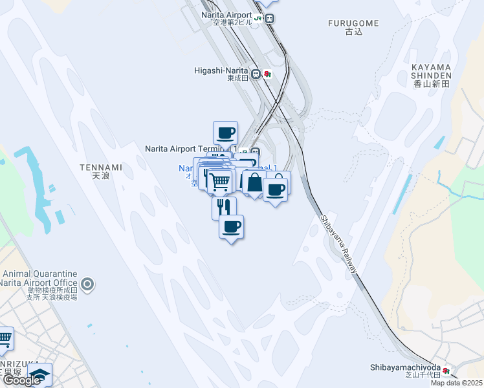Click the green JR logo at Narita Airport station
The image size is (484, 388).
pos(258,19)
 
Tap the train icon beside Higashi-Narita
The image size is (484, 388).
pos(256,74)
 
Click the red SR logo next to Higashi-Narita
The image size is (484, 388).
pos(267,74)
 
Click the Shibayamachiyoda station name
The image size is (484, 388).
pos(405,367)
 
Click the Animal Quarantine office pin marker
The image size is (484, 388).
pos(88,283)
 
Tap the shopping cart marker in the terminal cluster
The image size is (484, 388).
pos(219,182)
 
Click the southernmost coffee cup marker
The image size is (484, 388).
pos(231,226)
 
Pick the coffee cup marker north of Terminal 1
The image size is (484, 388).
pos(225,133)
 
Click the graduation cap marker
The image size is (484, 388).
pos(39,375)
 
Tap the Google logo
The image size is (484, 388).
pos(21,380)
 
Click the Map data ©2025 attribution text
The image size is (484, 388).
pos(456,383)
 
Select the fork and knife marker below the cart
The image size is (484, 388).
pos(224,208)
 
